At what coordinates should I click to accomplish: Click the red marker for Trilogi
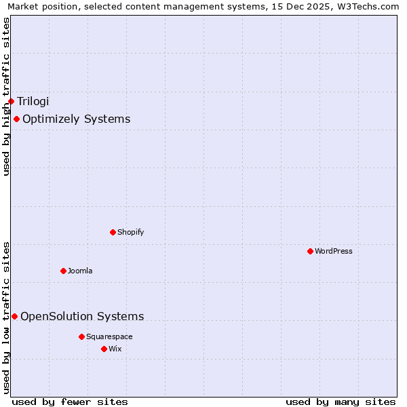11,101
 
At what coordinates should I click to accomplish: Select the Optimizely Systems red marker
16,119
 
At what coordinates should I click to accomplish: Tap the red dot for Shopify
113,232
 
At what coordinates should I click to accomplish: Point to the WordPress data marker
310,251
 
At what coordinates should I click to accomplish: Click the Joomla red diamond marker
63,271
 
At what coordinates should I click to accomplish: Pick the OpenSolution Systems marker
14,316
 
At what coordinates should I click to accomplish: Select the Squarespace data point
81,336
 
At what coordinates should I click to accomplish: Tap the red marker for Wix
104,349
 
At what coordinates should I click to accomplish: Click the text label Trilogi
33,101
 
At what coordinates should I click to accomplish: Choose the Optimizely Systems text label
76,119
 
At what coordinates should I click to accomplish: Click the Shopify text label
130,232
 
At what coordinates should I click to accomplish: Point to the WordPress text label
333,251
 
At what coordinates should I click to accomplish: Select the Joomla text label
80,271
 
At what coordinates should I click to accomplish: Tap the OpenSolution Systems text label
82,316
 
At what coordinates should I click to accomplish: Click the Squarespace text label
109,336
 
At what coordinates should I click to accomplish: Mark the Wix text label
115,349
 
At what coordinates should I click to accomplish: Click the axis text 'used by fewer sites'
70,402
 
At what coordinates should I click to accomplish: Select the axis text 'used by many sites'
341,402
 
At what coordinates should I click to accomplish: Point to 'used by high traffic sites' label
6,96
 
